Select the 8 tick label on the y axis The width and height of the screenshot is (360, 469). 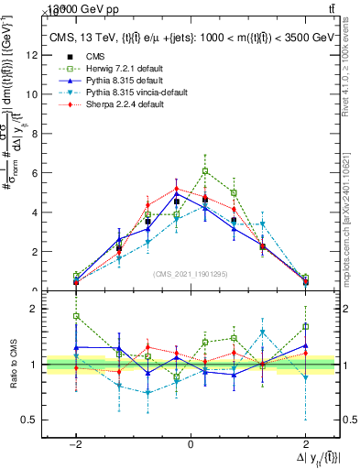[x=35, y=133]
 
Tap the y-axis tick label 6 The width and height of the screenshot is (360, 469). [x=35, y=172]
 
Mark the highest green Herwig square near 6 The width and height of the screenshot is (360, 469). [x=205, y=171]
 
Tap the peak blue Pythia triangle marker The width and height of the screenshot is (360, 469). [x=177, y=193]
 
